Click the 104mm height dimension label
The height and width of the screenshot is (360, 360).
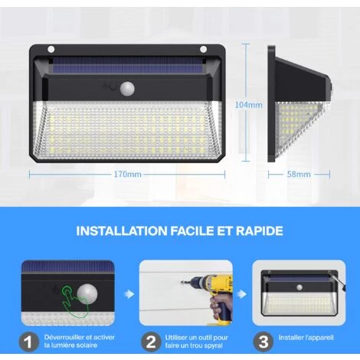(x=248, y=105)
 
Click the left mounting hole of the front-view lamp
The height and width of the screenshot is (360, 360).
(x=51, y=49)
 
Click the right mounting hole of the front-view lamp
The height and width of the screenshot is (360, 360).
(x=204, y=49)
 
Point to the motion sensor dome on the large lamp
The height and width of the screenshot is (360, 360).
(x=128, y=88)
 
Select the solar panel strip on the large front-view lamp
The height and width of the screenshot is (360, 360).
(x=128, y=65)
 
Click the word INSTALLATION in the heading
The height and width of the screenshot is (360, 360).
(x=121, y=231)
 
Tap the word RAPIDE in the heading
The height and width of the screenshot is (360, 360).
(x=260, y=231)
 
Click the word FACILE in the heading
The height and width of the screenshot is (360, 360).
(x=192, y=231)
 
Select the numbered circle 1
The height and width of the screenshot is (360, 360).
(x=28, y=342)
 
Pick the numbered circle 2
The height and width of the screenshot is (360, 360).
(x=151, y=342)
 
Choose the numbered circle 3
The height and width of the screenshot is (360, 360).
(x=263, y=342)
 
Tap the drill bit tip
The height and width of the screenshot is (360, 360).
(x=181, y=283)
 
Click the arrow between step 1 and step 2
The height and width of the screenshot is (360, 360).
(x=129, y=294)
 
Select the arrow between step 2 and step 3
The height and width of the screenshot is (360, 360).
(x=241, y=294)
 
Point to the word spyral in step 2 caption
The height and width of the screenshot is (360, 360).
(x=213, y=345)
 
